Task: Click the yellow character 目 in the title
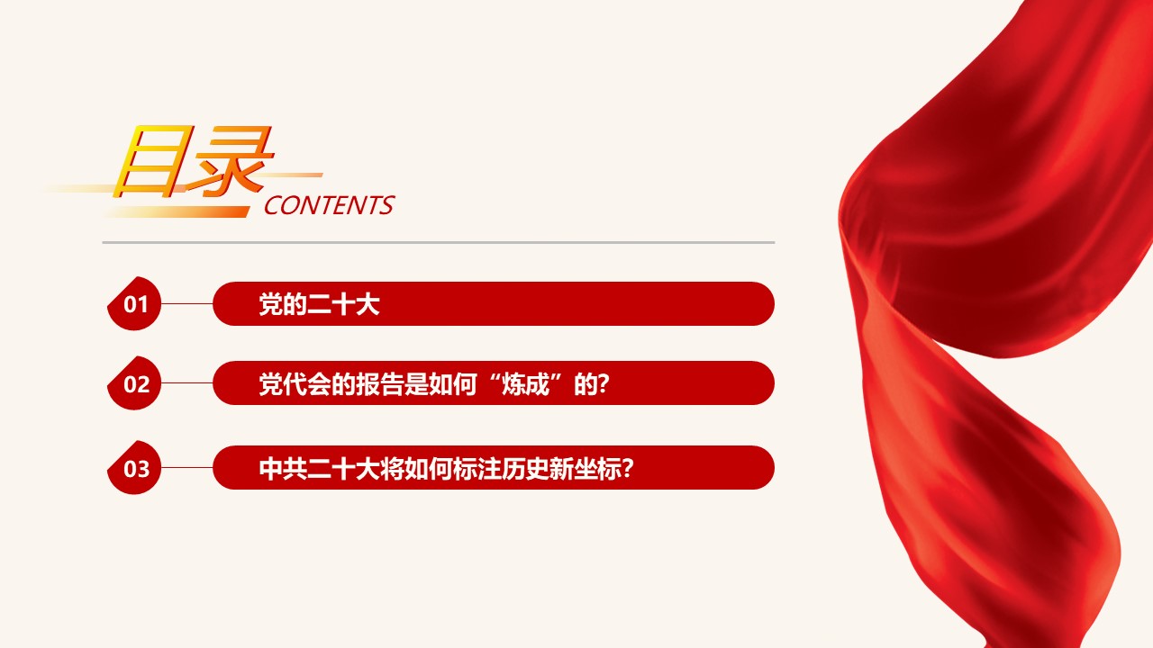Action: (x=150, y=160)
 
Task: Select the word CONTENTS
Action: (x=330, y=205)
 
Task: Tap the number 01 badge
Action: (x=134, y=303)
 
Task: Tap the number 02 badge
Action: (x=134, y=383)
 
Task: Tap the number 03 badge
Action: (x=134, y=467)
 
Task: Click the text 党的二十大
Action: (x=319, y=304)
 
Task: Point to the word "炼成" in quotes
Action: (x=525, y=383)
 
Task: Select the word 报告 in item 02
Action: (x=379, y=383)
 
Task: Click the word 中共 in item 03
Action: (x=283, y=469)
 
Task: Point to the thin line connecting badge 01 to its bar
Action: (x=186, y=303)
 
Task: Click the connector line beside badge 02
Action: (x=186, y=383)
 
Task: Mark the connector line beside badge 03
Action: (x=186, y=467)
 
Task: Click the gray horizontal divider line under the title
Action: (x=439, y=242)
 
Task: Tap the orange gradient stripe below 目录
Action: (x=177, y=211)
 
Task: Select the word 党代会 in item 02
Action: (x=295, y=383)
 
